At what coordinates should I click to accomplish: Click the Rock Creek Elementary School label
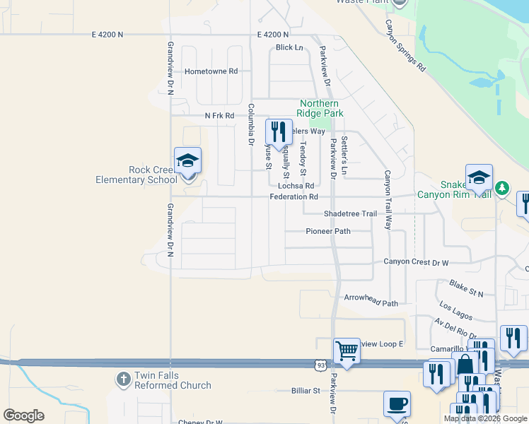[136, 175]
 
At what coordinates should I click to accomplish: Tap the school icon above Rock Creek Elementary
[187, 161]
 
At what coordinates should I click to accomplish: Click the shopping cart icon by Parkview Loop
[347, 351]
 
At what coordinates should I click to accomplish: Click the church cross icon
[124, 380]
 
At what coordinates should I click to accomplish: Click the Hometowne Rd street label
[211, 71]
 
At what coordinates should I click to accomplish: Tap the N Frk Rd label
[219, 116]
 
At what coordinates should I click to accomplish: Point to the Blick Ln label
[289, 48]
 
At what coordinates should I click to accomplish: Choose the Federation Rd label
[293, 197]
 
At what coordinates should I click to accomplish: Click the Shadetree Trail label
[350, 213]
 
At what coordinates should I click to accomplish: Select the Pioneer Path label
[328, 231]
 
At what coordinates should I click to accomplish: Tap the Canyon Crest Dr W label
[416, 262]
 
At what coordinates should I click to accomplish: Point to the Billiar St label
[306, 390]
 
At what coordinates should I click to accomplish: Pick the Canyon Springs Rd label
[405, 46]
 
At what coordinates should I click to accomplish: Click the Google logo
[23, 416]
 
